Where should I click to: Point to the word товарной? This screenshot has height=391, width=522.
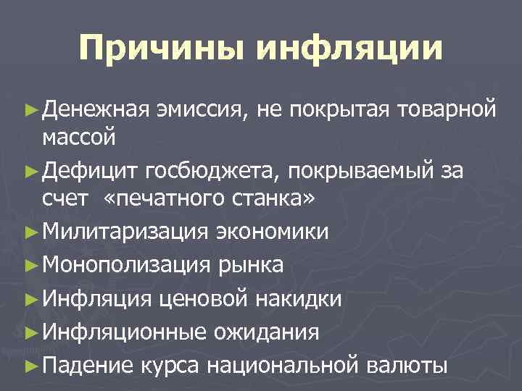pyautogui.click(x=445, y=109)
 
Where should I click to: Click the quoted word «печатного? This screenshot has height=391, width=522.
pyautogui.click(x=166, y=198)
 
